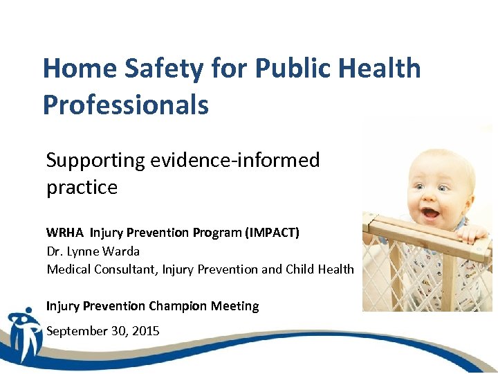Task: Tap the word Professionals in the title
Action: pos(125,105)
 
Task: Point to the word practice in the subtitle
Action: pos(82,188)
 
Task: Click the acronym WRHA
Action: pos(66,233)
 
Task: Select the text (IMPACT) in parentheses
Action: pos(272,233)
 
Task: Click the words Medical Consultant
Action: pos(102,269)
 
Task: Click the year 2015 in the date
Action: pos(145,331)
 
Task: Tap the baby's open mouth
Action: pos(431,212)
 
